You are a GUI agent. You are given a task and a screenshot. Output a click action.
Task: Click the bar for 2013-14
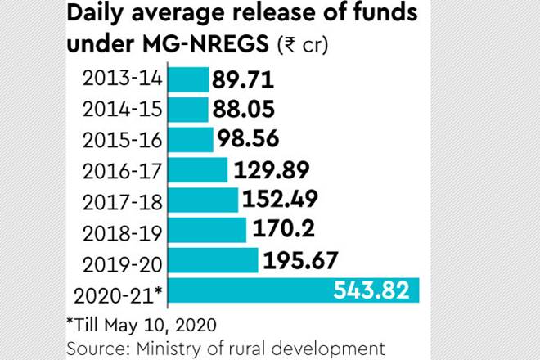coord(188,80)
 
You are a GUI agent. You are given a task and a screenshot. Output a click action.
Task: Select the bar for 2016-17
coord(197,170)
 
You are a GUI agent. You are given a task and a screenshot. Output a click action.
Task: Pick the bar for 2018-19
coord(206,230)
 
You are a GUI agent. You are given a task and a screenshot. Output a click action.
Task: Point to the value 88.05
coord(243,110)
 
